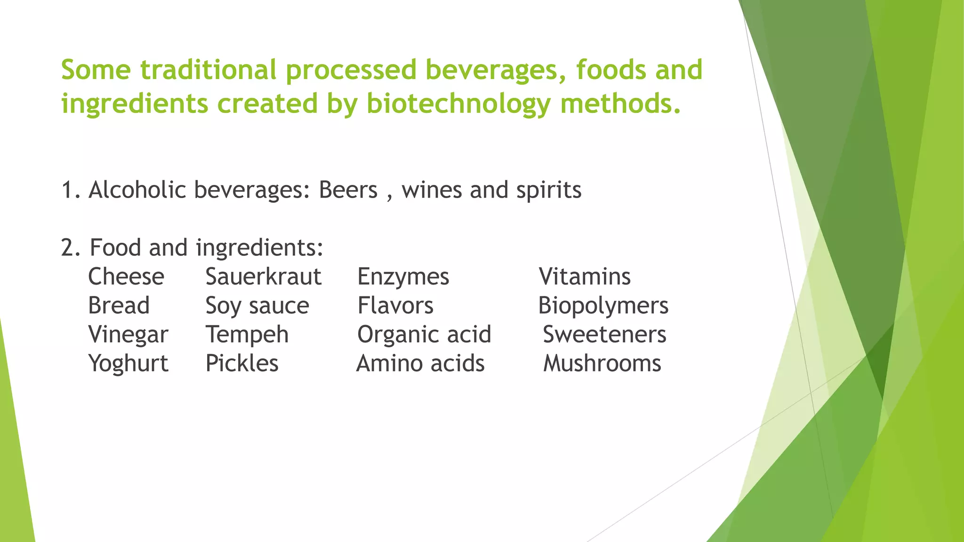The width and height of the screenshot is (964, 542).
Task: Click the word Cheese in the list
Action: click(126, 277)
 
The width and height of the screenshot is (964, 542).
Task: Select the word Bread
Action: click(119, 305)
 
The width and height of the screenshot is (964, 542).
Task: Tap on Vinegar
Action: click(128, 335)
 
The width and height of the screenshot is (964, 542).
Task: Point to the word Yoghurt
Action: click(128, 364)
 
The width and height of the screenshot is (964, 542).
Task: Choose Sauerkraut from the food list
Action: click(264, 277)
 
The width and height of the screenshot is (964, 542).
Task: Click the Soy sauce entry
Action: click(257, 306)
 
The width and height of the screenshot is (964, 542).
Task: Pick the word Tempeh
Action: click(247, 335)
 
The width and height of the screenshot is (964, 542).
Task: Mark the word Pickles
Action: click(242, 364)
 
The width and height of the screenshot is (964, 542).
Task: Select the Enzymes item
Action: click(403, 277)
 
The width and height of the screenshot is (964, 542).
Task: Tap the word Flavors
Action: click(395, 305)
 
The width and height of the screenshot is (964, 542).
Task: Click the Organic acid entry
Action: click(424, 335)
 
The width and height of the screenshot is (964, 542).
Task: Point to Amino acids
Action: click(420, 364)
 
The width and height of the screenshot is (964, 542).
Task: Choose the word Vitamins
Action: click(585, 277)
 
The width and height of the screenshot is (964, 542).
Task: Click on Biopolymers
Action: click(603, 306)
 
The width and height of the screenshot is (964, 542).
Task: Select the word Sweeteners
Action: click(604, 335)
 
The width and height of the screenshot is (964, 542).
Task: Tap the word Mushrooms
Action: click(602, 364)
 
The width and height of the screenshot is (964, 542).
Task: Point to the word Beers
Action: click(348, 190)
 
